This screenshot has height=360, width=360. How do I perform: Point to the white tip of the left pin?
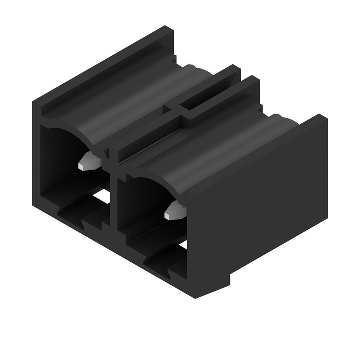(x=82, y=166)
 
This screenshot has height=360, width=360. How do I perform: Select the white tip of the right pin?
(x=168, y=215)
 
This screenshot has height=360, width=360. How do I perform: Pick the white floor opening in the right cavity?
(x=183, y=244)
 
